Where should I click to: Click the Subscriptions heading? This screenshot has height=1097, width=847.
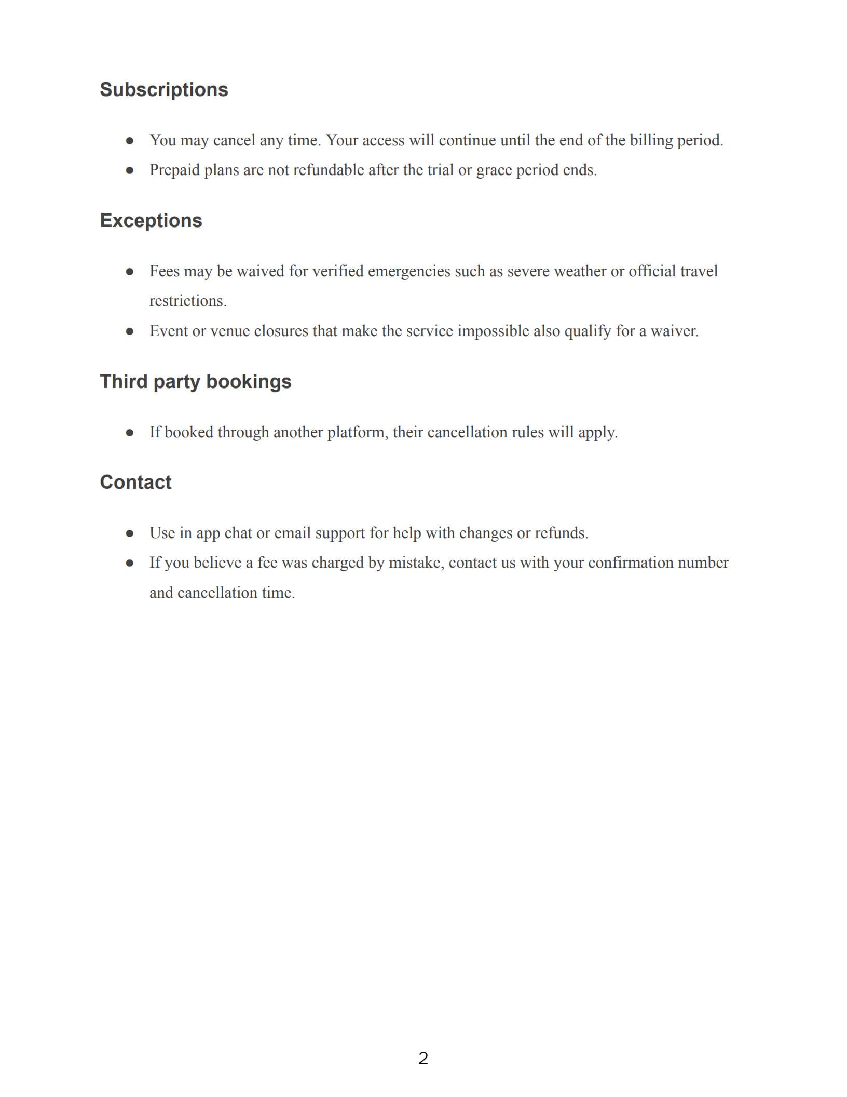click(163, 90)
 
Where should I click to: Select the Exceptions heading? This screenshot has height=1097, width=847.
click(151, 221)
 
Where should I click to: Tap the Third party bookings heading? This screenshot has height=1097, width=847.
click(195, 382)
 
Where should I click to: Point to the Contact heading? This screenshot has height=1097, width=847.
click(135, 483)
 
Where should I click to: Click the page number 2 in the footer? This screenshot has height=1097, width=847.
click(423, 1058)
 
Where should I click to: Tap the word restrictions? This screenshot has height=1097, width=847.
click(188, 301)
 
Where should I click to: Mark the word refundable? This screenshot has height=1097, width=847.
click(329, 170)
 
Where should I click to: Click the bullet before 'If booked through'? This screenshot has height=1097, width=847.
click(130, 433)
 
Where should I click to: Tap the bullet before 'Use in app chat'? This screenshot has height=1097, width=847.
click(130, 533)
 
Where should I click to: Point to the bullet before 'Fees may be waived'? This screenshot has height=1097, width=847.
click(130, 272)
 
